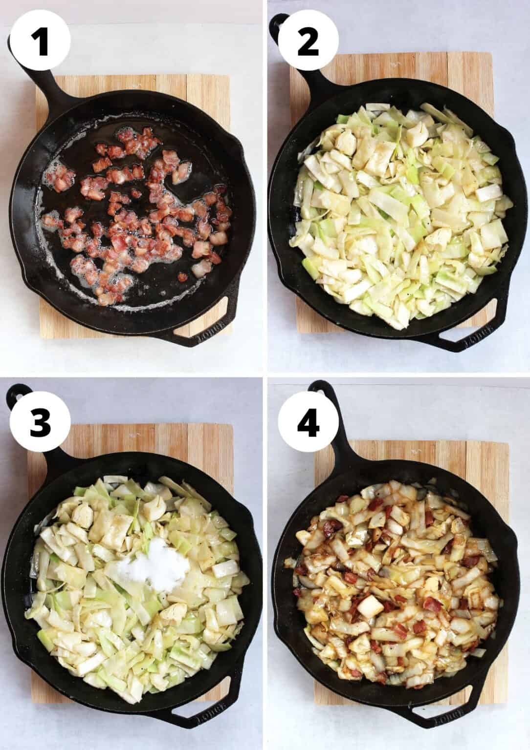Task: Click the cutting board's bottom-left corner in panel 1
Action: (40, 337)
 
